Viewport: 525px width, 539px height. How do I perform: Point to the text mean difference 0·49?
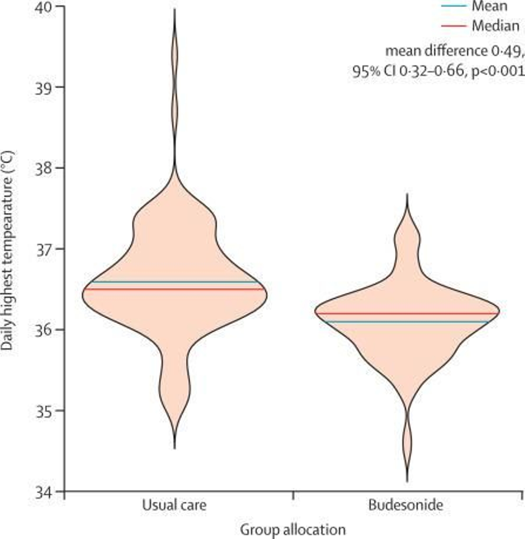tap(453, 51)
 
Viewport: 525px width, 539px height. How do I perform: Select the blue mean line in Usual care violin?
tap(174, 282)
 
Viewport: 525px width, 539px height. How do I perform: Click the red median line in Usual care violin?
tap(174, 289)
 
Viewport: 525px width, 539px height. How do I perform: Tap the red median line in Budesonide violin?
tap(407, 313)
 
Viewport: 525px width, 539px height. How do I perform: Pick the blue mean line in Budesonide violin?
tap(407, 322)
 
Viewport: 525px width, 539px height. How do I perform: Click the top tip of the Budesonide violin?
tap(407, 194)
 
